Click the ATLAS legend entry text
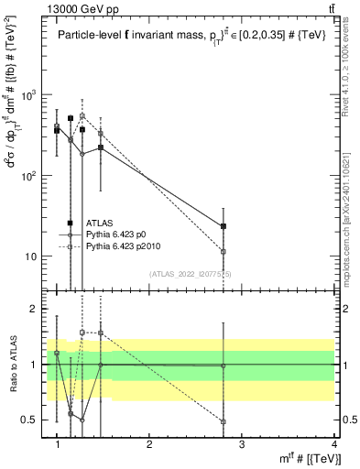click(100, 223)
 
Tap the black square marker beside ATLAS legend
click(71, 223)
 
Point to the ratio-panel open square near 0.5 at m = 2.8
click(224, 421)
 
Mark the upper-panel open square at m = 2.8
click(224, 251)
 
